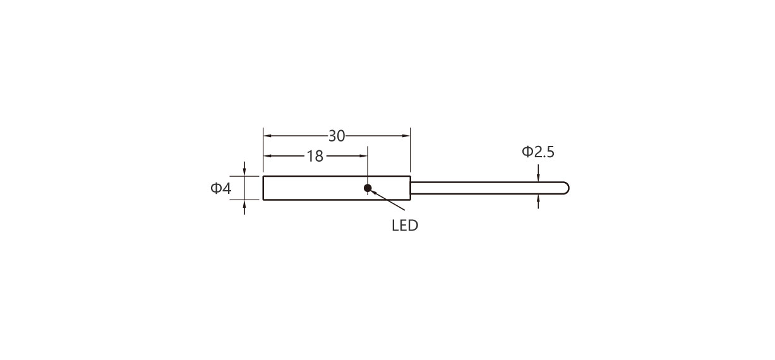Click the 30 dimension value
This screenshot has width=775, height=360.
point(336,136)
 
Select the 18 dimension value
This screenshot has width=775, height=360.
point(315,156)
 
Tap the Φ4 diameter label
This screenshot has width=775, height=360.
point(220,188)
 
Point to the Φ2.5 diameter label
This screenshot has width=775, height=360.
point(538,152)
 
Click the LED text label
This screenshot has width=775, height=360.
point(405,226)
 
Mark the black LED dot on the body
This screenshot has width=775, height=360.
point(368,188)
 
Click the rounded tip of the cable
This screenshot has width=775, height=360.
point(567,188)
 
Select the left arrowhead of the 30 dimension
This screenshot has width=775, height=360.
point(267,136)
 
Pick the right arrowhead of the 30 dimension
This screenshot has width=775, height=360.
point(406,136)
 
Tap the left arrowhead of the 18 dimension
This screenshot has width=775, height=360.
point(267,156)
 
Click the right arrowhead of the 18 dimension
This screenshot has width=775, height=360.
point(363,156)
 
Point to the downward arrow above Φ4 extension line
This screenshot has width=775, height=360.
point(244,169)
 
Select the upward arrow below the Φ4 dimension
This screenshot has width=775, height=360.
point(244,207)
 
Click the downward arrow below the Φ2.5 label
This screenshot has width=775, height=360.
point(538,173)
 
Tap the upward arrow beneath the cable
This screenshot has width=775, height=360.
point(538,201)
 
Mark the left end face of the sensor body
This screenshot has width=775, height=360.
point(263,188)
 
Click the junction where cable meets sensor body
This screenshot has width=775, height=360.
point(411,188)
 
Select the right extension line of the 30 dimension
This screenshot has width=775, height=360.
point(411,150)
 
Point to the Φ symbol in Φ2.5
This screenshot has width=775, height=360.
point(527,152)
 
